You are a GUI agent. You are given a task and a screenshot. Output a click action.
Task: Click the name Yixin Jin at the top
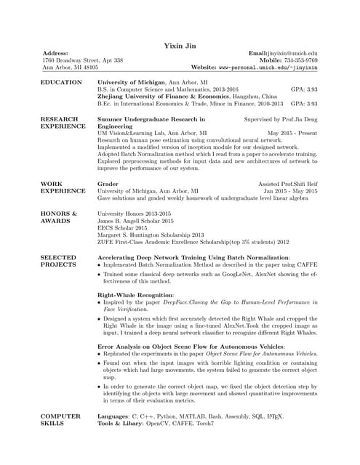tap(180, 46)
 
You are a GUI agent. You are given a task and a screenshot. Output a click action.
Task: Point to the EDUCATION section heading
tap(61, 83)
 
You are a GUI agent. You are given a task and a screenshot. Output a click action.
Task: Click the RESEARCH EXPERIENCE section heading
tap(59, 122)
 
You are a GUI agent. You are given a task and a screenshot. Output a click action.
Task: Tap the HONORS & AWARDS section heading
tap(59, 217)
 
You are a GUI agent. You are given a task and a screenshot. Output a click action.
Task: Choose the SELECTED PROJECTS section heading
tap(59, 262)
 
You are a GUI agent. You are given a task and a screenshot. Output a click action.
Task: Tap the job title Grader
tap(108, 185)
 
